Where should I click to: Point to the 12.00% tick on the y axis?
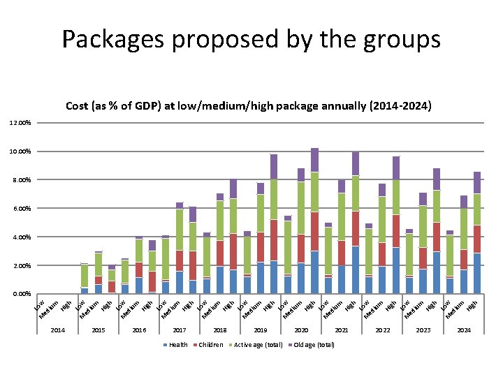pyautogui.click(x=20, y=123)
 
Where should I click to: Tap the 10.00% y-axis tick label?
pyautogui.click(x=20, y=151)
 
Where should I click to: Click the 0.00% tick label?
pyautogui.click(x=21, y=294)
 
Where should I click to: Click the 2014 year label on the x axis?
pyautogui.click(x=58, y=330)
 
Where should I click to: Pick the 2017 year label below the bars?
pyautogui.click(x=180, y=330)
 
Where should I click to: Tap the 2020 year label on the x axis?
pyautogui.click(x=301, y=330)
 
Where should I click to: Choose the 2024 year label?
pyautogui.click(x=464, y=330)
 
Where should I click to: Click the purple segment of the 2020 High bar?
pyautogui.click(x=314, y=160)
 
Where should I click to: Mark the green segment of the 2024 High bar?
pyautogui.click(x=477, y=209)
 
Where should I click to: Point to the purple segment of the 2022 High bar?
pyautogui.click(x=396, y=168)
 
